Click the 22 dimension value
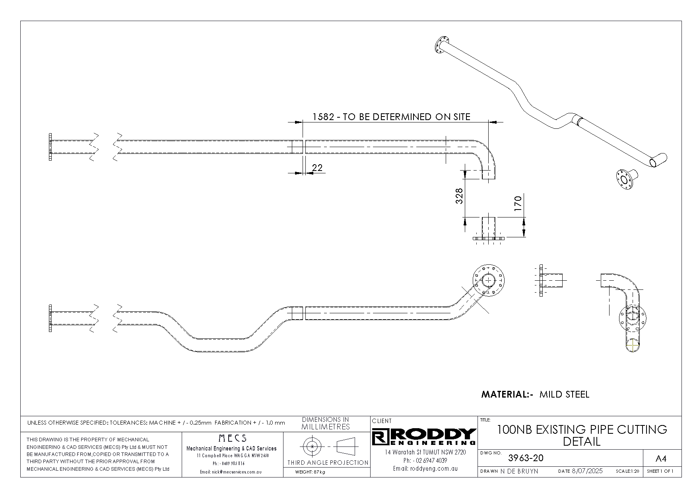point(317,168)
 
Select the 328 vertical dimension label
point(459,196)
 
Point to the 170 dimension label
point(518,204)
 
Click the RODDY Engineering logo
point(423,437)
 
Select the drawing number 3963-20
point(526,458)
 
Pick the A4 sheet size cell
point(660,459)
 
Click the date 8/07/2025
point(587,471)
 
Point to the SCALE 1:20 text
point(627,472)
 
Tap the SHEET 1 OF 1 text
point(660,472)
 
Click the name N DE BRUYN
point(519,471)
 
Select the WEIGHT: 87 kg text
point(310,472)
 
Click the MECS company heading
point(233,438)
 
